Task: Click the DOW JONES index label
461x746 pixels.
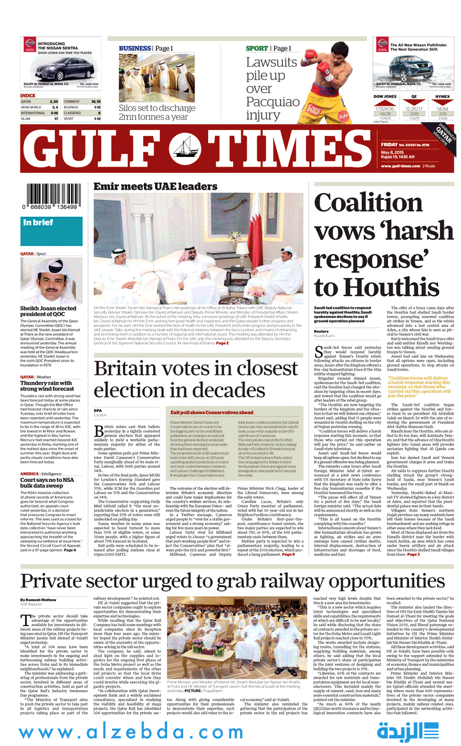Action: point(385,96)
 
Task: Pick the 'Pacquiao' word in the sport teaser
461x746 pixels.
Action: point(273,102)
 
